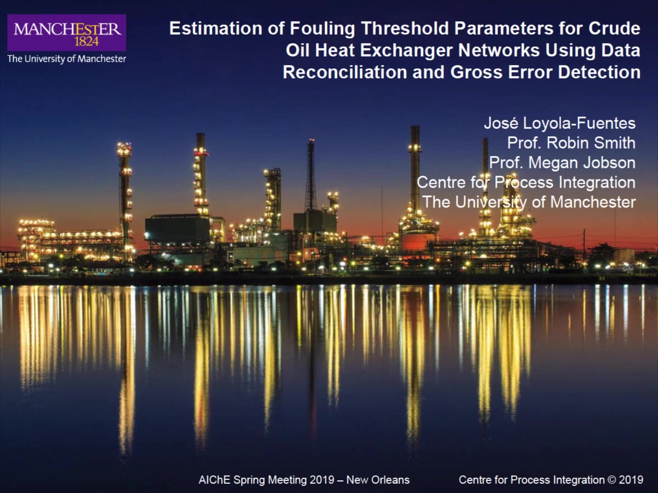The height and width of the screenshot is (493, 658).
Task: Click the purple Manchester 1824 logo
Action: [x=66, y=33]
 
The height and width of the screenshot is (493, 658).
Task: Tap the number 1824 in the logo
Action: [x=87, y=42]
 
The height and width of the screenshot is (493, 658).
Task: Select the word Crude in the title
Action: [x=614, y=28]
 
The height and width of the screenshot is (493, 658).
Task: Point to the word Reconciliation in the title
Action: [x=345, y=72]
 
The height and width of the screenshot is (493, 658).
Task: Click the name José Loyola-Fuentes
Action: [x=560, y=123]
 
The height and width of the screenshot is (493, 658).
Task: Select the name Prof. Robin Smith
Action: [x=571, y=143]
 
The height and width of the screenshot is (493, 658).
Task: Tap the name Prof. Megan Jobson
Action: [x=563, y=163]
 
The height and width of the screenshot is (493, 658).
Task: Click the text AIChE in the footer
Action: [x=214, y=480]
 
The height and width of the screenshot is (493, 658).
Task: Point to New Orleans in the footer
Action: [x=378, y=480]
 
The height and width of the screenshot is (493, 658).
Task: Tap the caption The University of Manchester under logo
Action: [x=66, y=59]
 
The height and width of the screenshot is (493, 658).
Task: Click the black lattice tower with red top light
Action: [x=311, y=175]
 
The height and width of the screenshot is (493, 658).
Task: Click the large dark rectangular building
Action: [x=177, y=229]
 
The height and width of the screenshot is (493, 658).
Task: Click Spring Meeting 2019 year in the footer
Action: [x=322, y=480]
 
